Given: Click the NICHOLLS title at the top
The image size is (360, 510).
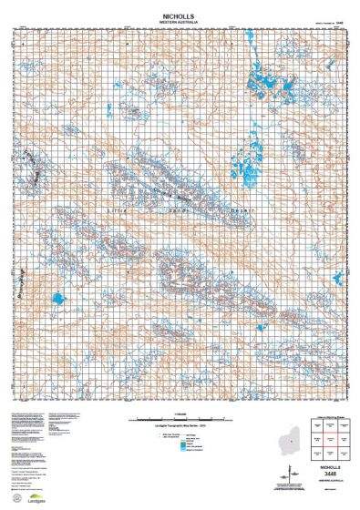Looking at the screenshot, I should tap(180, 15).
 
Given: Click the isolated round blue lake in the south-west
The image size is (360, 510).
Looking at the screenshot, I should tap(58, 299).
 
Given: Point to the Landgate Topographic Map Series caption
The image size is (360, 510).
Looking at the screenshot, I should tap(179, 428).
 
